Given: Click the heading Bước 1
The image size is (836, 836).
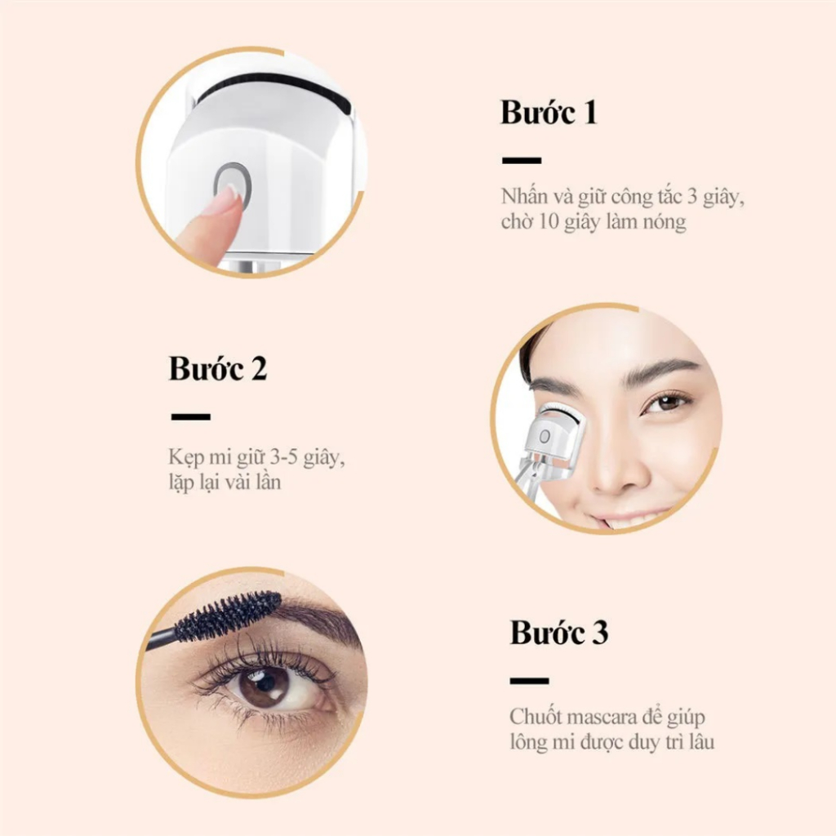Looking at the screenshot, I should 549,113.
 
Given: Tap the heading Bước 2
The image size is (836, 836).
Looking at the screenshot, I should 218,368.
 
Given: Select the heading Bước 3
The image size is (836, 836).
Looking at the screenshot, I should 559,633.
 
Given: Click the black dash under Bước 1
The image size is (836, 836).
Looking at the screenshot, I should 521,161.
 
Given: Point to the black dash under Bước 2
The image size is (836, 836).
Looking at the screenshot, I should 190,416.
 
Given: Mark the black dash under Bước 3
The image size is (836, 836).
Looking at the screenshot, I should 529,680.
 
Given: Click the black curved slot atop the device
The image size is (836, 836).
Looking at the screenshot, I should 273,85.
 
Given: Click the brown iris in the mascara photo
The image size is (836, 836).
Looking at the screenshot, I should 263,684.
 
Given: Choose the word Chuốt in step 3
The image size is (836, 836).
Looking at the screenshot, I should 535,718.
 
